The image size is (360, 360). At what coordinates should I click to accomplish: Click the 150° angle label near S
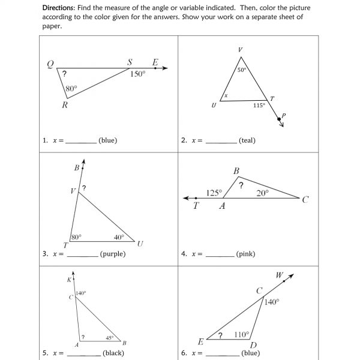(x=138, y=74)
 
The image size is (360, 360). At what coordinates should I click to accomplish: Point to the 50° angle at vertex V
(x=242, y=70)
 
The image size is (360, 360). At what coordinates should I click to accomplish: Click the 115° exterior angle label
(x=259, y=105)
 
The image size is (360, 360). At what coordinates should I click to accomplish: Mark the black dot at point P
(x=279, y=119)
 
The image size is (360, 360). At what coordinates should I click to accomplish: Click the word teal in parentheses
(x=247, y=140)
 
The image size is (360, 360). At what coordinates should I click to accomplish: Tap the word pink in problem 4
(x=245, y=254)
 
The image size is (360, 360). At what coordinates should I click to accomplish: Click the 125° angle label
(x=214, y=193)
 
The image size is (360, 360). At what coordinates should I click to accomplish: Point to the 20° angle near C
(x=262, y=193)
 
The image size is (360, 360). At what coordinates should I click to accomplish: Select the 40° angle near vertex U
(x=119, y=237)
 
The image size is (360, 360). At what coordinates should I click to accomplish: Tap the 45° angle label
(x=110, y=337)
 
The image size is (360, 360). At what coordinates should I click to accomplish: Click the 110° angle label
(x=241, y=334)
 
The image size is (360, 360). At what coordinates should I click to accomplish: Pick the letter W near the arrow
(x=280, y=275)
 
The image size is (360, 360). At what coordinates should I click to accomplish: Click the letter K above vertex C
(x=69, y=280)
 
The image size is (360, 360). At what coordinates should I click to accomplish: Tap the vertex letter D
(x=253, y=345)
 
